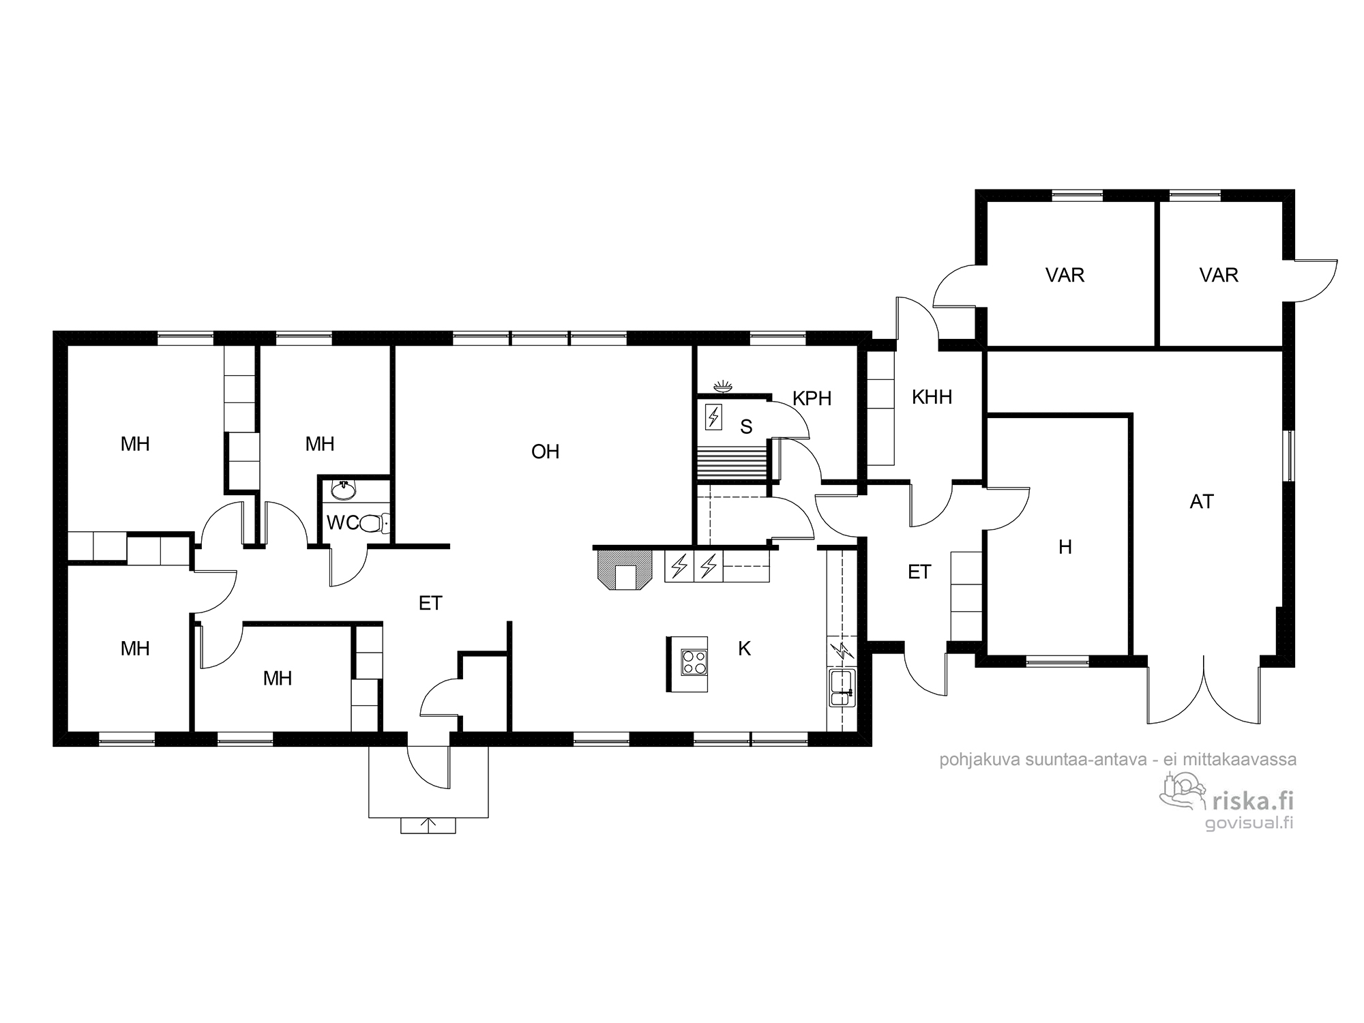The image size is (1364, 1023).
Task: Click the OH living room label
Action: click(x=545, y=451)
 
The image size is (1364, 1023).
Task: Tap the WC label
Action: click(x=342, y=523)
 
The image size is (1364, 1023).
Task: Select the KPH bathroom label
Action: click(x=812, y=398)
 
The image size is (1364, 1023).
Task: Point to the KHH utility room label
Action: click(x=932, y=397)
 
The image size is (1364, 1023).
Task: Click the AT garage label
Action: click(x=1202, y=502)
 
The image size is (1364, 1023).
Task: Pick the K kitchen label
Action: click(x=744, y=649)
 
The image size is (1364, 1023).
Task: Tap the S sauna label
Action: click(x=746, y=427)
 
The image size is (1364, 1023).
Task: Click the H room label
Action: click(x=1065, y=547)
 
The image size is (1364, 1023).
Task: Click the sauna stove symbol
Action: click(x=713, y=417)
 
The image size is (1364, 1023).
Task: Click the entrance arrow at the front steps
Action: click(x=428, y=825)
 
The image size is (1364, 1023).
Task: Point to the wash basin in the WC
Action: click(x=342, y=490)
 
